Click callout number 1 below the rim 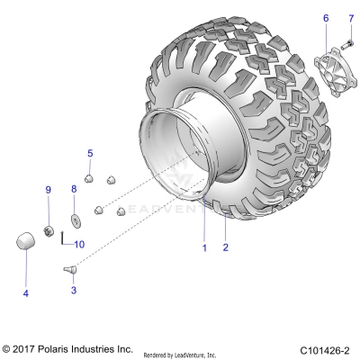coord(203,247)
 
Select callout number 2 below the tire coord(226,247)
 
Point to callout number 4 coord(25,293)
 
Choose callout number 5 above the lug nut coord(90,154)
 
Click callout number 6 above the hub coord(326,17)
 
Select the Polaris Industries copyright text coord(67,347)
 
